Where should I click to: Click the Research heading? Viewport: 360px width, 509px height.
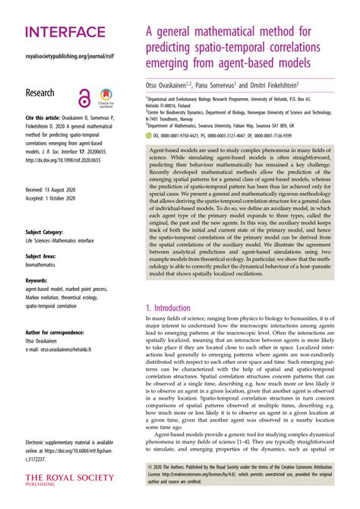pos(46,91)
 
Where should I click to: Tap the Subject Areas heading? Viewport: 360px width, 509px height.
pos(46,257)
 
